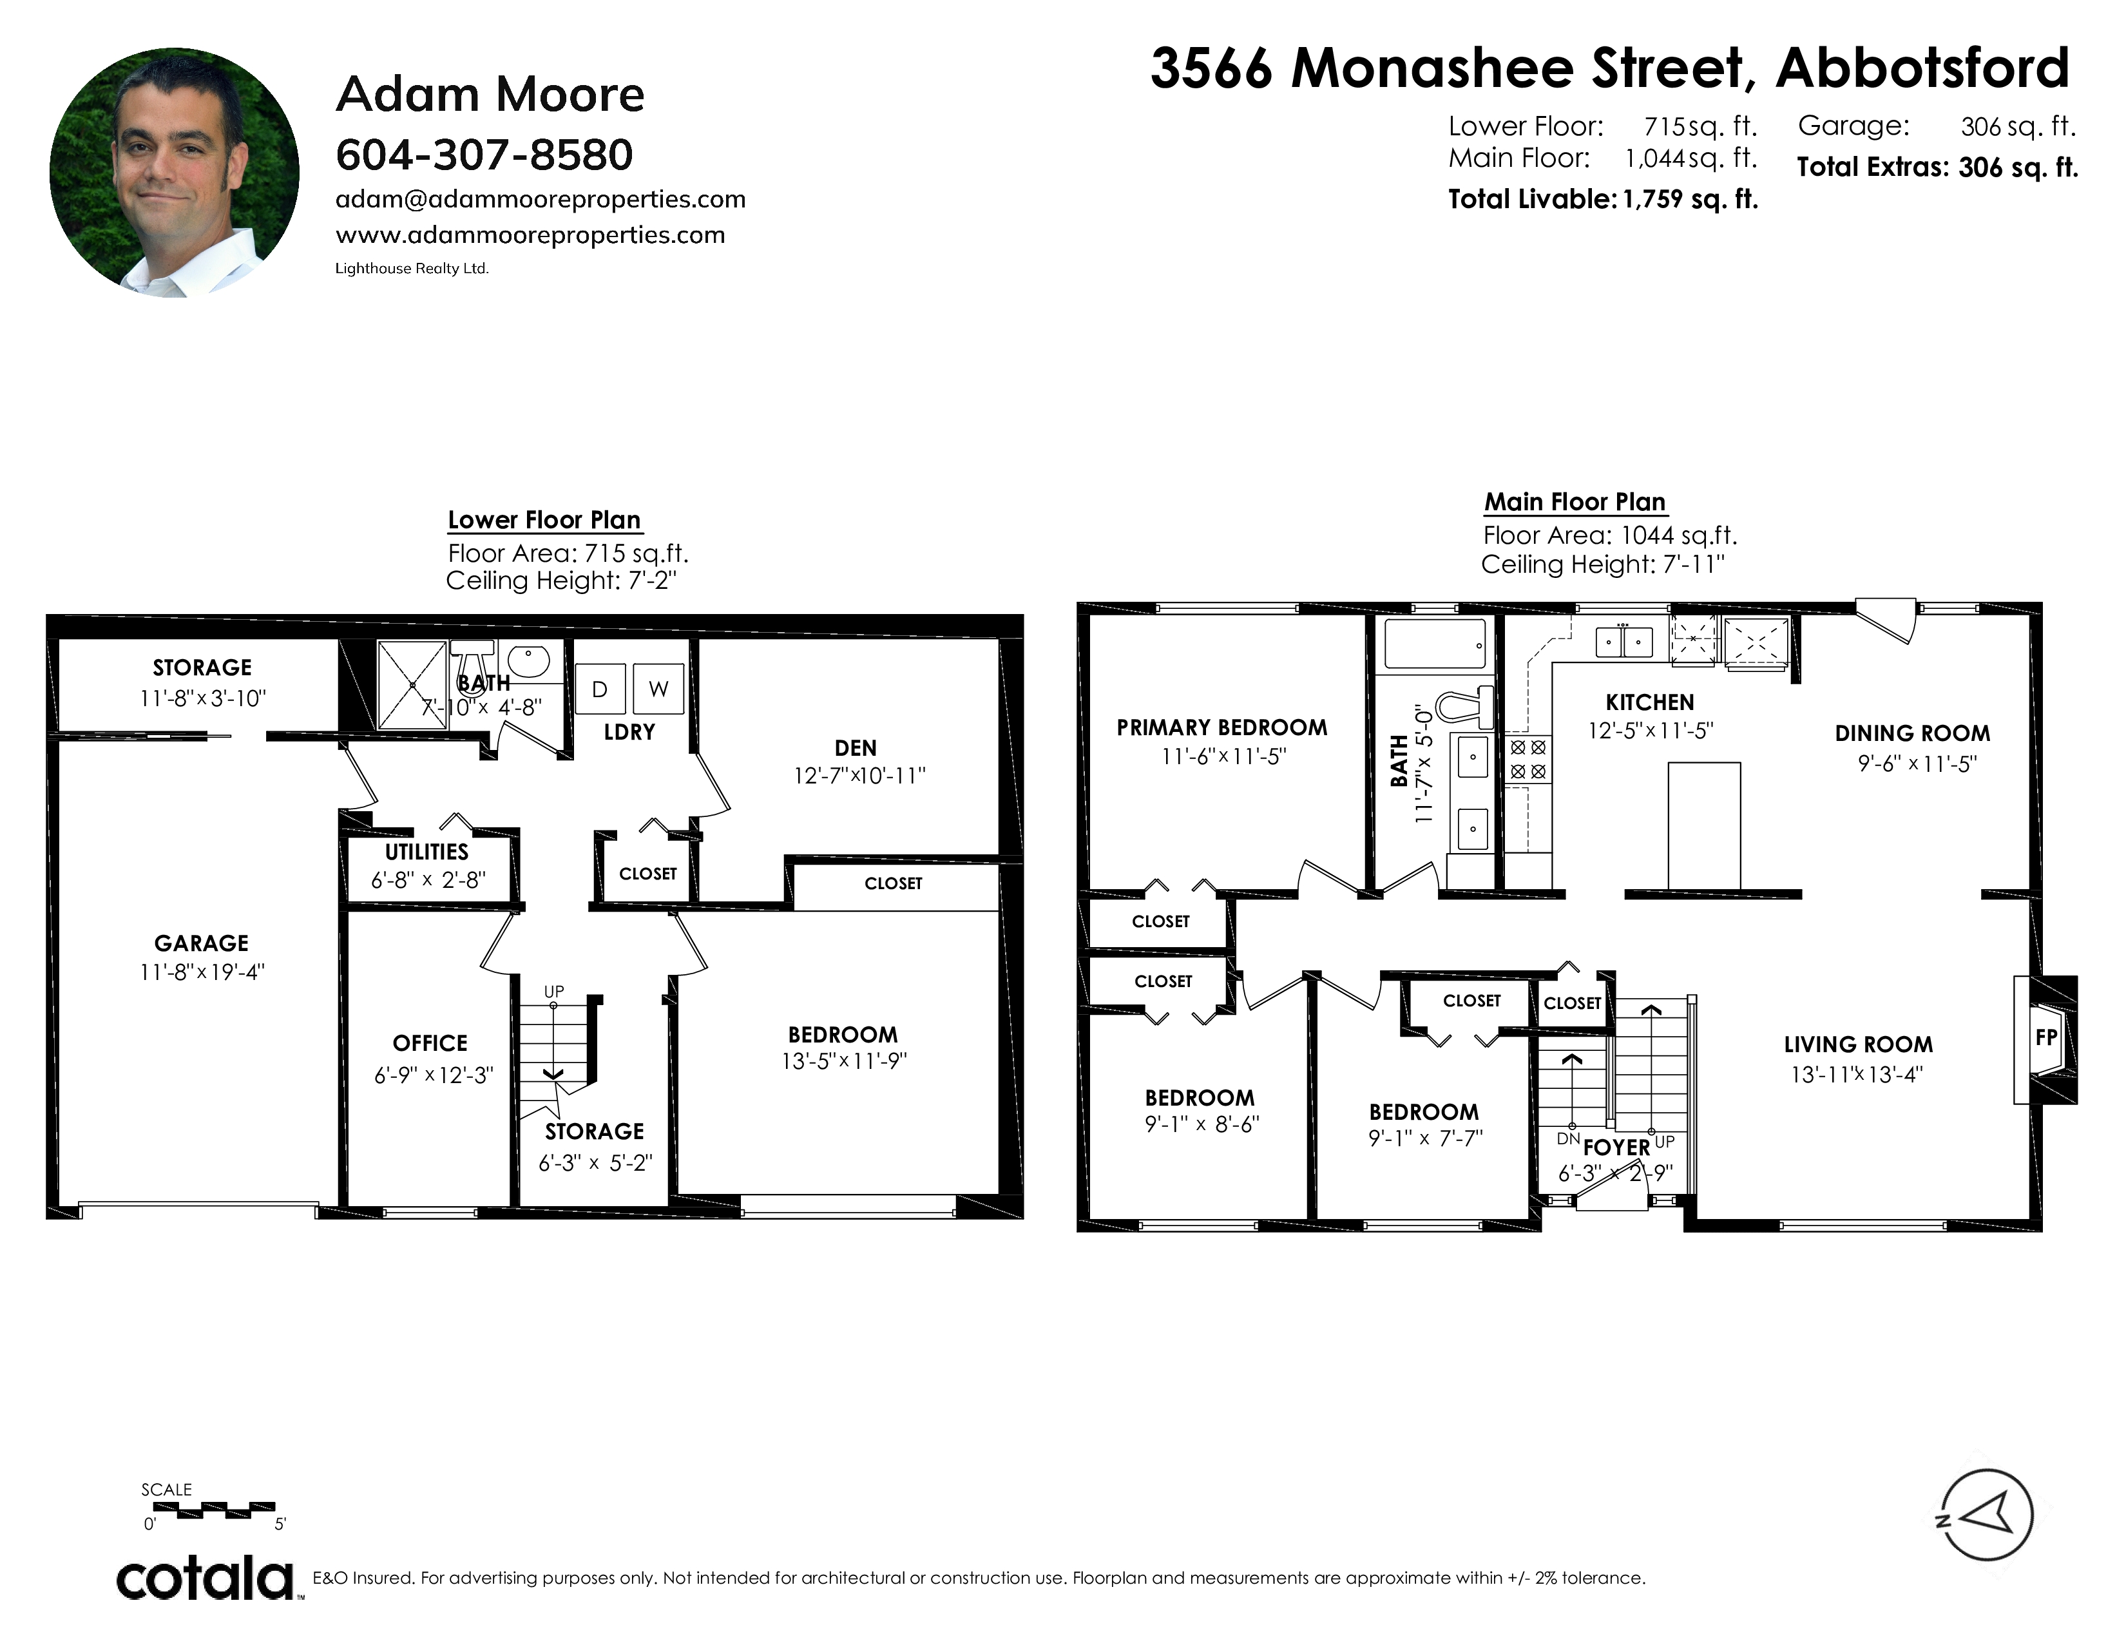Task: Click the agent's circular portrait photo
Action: tap(174, 172)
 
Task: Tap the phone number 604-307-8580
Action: tap(484, 155)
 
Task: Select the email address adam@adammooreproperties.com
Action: tap(541, 200)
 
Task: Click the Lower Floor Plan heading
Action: tap(544, 520)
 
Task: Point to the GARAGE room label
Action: tap(202, 943)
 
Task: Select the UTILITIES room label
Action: tap(426, 852)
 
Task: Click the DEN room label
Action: tap(856, 747)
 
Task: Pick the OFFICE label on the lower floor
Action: tap(430, 1043)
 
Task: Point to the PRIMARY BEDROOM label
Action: tap(1221, 728)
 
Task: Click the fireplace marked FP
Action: tap(2045, 1039)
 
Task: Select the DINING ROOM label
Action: tap(1913, 734)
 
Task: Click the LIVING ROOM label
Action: tap(1858, 1044)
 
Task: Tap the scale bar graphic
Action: tap(214, 1510)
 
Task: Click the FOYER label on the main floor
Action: tap(1617, 1148)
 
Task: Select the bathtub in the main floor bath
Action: tap(1435, 644)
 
